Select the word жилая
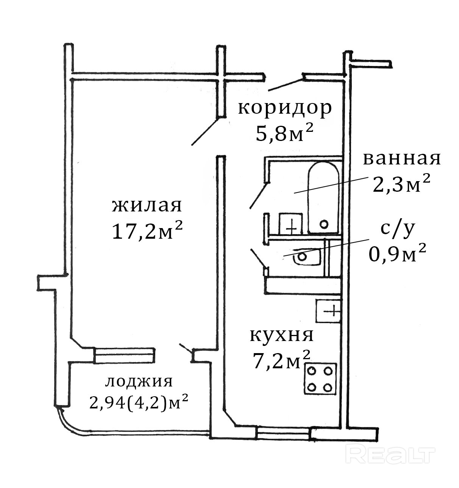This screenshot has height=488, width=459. click(147, 206)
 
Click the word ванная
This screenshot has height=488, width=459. click(401, 159)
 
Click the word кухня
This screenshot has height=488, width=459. click(282, 335)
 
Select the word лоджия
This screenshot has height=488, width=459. click(139, 382)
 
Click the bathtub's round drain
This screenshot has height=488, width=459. click(323, 224)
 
